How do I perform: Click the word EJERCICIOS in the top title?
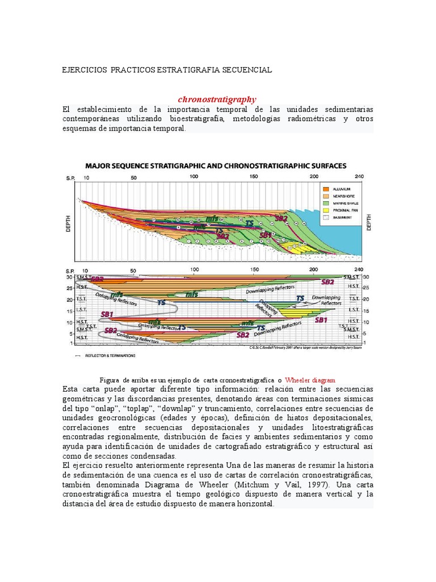coord(84,70)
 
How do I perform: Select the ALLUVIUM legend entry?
coord(343,189)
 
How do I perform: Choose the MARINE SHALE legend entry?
coord(347,203)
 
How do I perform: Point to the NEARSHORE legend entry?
coord(345,196)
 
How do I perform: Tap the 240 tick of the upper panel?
coord(358,177)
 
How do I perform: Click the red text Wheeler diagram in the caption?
coord(310,380)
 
